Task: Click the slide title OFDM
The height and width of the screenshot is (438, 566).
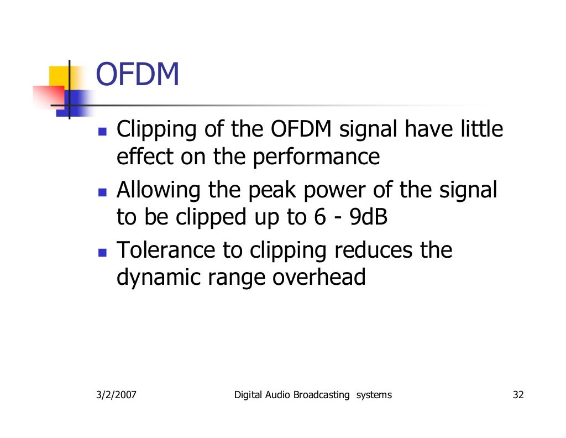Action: (138, 75)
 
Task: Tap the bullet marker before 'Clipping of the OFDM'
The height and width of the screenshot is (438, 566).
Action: (102, 133)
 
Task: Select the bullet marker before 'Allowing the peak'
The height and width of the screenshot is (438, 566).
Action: (102, 194)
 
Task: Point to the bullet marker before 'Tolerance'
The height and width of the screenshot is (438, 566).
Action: (102, 254)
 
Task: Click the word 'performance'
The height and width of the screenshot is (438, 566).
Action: (316, 158)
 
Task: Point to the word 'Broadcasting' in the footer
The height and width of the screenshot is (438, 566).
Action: (322, 395)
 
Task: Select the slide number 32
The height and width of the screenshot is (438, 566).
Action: (518, 395)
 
